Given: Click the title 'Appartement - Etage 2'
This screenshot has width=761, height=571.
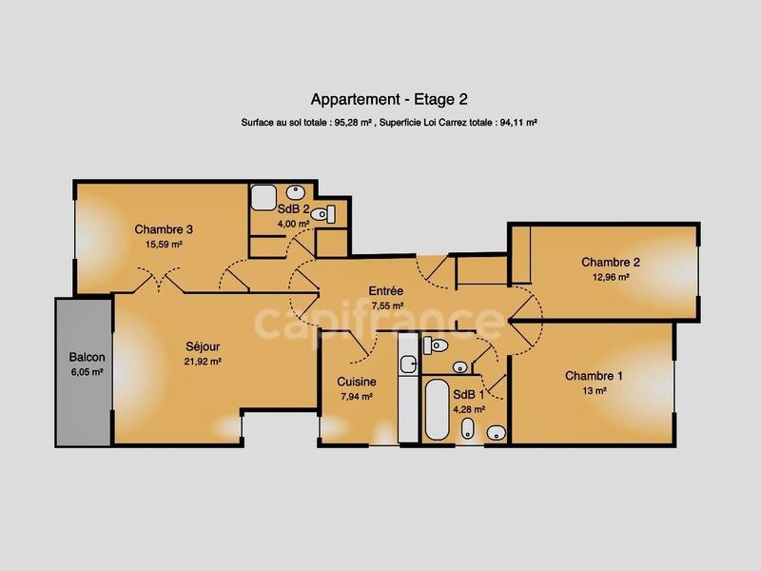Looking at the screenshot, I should click(389, 99).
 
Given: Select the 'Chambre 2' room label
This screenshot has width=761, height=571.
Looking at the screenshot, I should click(610, 263).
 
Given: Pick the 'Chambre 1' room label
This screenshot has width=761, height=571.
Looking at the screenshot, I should click(594, 376).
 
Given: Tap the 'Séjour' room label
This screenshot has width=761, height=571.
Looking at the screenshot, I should click(203, 346).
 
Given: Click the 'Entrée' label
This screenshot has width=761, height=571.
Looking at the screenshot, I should click(387, 291).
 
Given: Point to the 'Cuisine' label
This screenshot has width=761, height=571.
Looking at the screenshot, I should click(357, 382).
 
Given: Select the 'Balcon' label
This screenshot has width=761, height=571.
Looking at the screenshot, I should click(87, 359).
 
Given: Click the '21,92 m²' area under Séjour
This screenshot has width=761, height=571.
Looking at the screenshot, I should click(203, 362).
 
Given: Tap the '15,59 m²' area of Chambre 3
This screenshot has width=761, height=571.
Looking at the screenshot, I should click(164, 245).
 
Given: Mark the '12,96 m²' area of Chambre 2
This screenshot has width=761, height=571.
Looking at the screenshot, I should click(610, 278).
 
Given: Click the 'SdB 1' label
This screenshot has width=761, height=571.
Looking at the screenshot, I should click(468, 395).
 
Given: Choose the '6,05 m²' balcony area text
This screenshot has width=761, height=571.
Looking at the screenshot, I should click(87, 374).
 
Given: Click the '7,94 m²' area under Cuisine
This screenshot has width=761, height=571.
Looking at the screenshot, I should click(357, 397).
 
